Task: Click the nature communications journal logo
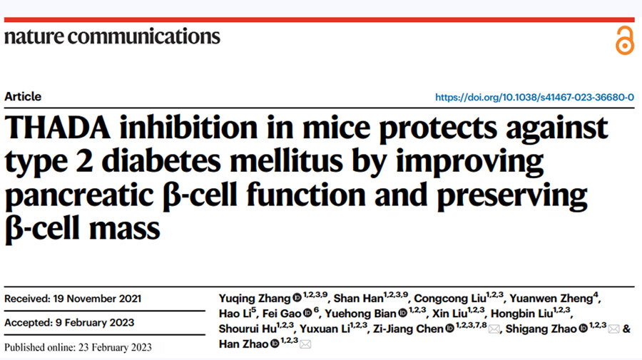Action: point(112,36)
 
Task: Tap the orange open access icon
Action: point(624,41)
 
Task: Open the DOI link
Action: point(534,98)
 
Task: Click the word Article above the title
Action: point(23,97)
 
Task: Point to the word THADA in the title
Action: point(60,128)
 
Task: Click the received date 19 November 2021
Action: point(73,298)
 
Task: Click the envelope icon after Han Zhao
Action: point(305,344)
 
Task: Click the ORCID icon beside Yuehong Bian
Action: point(403,314)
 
